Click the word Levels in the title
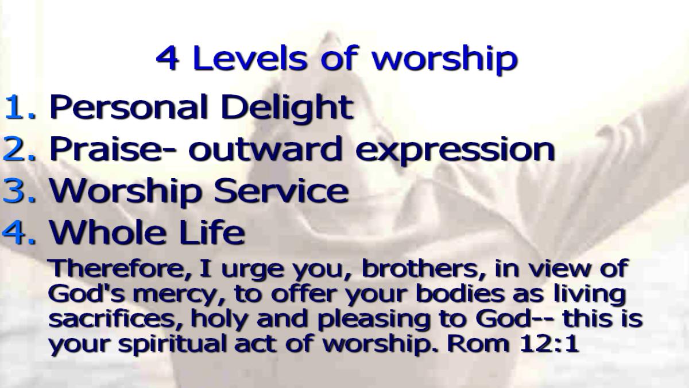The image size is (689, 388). pyautogui.click(x=250, y=58)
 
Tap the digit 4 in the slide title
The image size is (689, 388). pyautogui.click(x=168, y=59)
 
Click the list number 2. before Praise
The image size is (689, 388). pyautogui.click(x=19, y=149)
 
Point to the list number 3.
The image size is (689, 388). pyautogui.click(x=19, y=191)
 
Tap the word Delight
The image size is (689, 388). pyautogui.click(x=287, y=109)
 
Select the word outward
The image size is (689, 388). pyautogui.click(x=265, y=149)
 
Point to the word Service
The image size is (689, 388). pyautogui.click(x=281, y=191)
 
